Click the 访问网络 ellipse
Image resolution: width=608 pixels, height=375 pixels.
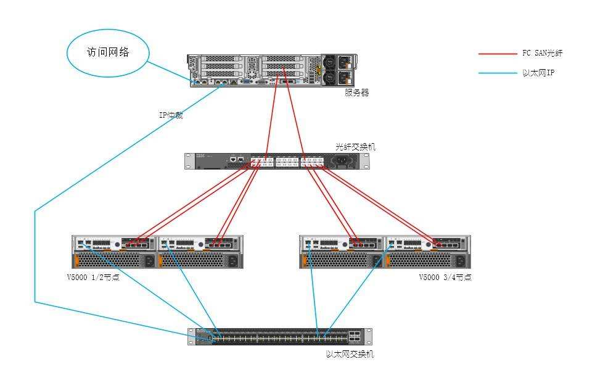pyautogui.click(x=108, y=52)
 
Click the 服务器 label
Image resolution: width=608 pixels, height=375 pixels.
pyautogui.click(x=356, y=93)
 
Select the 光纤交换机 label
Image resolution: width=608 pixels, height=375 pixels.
pyautogui.click(x=355, y=147)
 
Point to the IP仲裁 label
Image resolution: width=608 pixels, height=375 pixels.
pyautogui.click(x=171, y=115)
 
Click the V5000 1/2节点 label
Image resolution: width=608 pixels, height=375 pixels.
pyautogui.click(x=93, y=278)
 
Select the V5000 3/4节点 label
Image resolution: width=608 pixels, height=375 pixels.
pyautogui.click(x=445, y=278)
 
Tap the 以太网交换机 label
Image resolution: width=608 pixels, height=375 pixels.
pyautogui.click(x=350, y=354)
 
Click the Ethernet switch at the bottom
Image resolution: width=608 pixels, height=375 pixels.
pyautogui.click(x=280, y=337)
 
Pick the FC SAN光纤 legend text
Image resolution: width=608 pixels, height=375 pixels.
pyautogui.click(x=543, y=54)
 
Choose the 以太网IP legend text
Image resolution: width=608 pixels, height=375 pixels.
pyautogui.click(x=538, y=73)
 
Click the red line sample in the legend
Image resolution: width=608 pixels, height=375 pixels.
pyautogui.click(x=497, y=54)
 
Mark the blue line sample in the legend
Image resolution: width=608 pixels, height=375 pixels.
pyautogui.click(x=497, y=73)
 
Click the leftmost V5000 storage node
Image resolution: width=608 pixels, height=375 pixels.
pyautogui.click(x=114, y=252)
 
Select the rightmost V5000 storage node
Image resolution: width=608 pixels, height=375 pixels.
pyautogui.click(x=427, y=252)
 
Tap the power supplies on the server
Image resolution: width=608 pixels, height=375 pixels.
pyautogui.click(x=338, y=69)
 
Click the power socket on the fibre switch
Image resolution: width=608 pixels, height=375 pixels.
pyautogui.click(x=341, y=161)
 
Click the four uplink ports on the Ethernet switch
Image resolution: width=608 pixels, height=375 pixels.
pyautogui.click(x=356, y=337)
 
